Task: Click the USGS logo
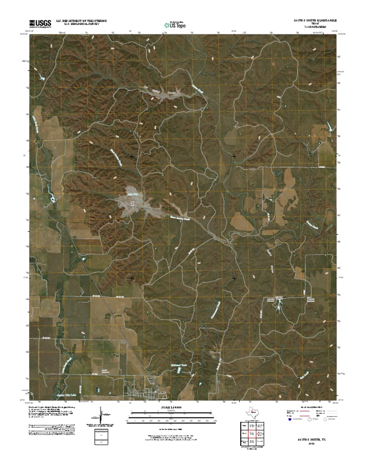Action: (40, 23)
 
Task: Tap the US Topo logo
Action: (174, 24)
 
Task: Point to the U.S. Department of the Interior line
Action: (81, 21)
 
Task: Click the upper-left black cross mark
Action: (132, 156)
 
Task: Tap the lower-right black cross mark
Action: (234, 278)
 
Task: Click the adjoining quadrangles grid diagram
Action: (252, 434)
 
